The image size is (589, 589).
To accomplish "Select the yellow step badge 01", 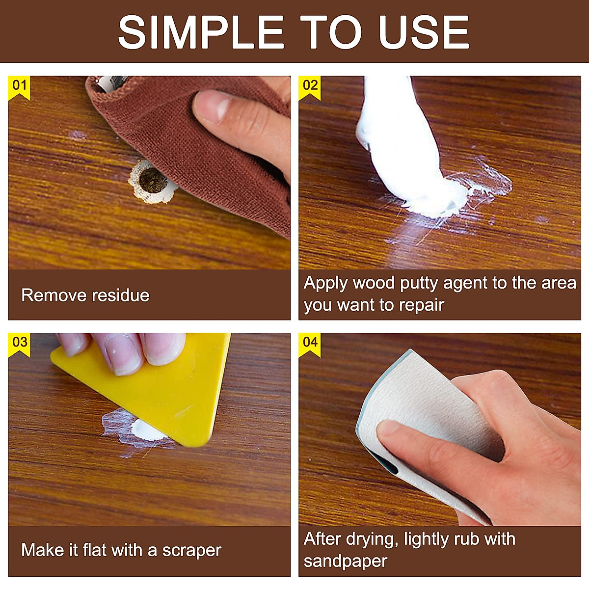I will tap(19, 86).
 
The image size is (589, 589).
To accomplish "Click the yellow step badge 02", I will tap(310, 86).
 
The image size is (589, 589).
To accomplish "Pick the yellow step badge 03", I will tap(19, 342).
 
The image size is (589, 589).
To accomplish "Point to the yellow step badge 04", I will tap(310, 342).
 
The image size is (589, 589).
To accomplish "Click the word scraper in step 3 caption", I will tap(192, 550).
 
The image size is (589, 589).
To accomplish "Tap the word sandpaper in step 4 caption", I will tap(345, 561).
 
